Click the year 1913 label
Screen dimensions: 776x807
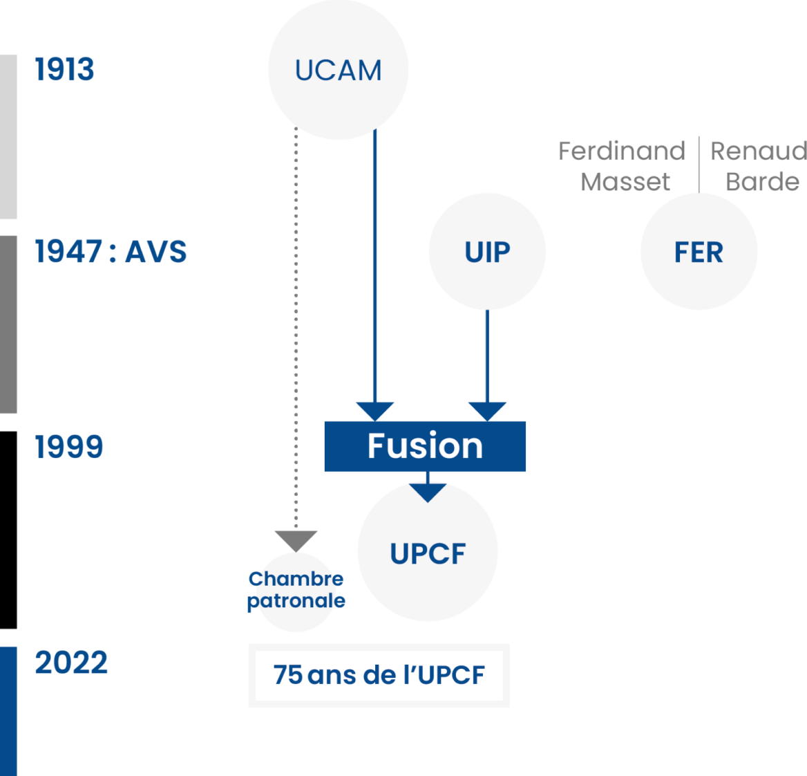click(x=64, y=69)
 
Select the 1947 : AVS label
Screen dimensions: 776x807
click(x=111, y=252)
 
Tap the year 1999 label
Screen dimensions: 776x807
click(x=69, y=447)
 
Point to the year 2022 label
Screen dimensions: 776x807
click(x=71, y=663)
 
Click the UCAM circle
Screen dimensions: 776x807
click(x=338, y=70)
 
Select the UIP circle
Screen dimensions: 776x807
click(x=487, y=252)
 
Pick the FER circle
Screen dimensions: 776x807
click(x=699, y=252)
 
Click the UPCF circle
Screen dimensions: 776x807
click(x=428, y=553)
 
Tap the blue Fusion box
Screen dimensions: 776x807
click(x=425, y=446)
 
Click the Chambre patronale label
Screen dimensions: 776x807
click(x=296, y=590)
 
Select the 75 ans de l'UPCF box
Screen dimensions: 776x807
click(x=379, y=675)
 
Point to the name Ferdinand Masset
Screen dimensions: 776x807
click(x=622, y=166)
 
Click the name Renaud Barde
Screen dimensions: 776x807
click(x=759, y=166)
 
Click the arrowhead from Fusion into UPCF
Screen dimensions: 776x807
click(x=428, y=491)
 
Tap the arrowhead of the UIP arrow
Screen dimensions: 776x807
click(x=487, y=410)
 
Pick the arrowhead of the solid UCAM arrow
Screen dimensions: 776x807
click(x=375, y=410)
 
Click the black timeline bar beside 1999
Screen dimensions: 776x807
click(x=8, y=530)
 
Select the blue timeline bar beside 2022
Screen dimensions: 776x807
click(x=8, y=711)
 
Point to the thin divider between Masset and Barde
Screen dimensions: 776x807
click(x=699, y=165)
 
